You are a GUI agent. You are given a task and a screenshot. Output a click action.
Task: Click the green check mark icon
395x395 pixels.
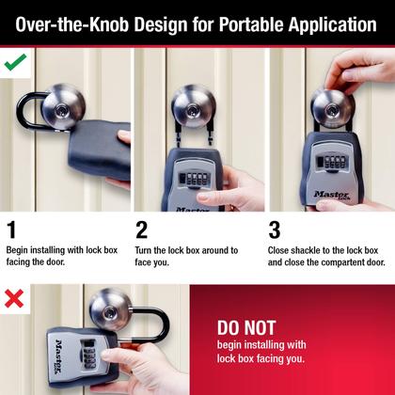point(15,64)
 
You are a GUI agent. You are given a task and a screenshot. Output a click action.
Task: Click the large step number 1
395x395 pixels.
point(11,230)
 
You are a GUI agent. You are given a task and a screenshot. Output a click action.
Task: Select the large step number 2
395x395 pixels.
point(142,230)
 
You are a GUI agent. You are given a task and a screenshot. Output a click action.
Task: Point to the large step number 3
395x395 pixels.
point(275,230)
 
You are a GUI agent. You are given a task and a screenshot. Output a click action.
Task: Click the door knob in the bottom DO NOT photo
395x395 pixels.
point(111,308)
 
